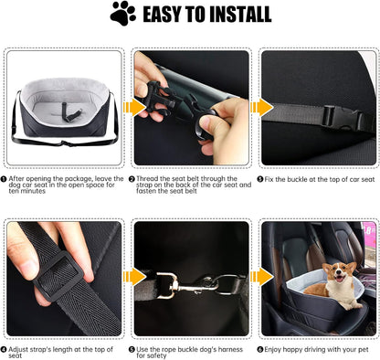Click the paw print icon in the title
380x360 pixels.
click(122, 13)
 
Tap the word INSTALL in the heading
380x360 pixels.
click(233, 14)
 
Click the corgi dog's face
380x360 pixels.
click(341, 275)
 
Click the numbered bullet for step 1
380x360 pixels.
click(5, 179)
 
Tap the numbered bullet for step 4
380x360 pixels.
click(5, 349)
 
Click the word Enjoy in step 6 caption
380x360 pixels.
click(276, 349)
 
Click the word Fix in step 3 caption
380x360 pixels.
click(271, 179)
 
